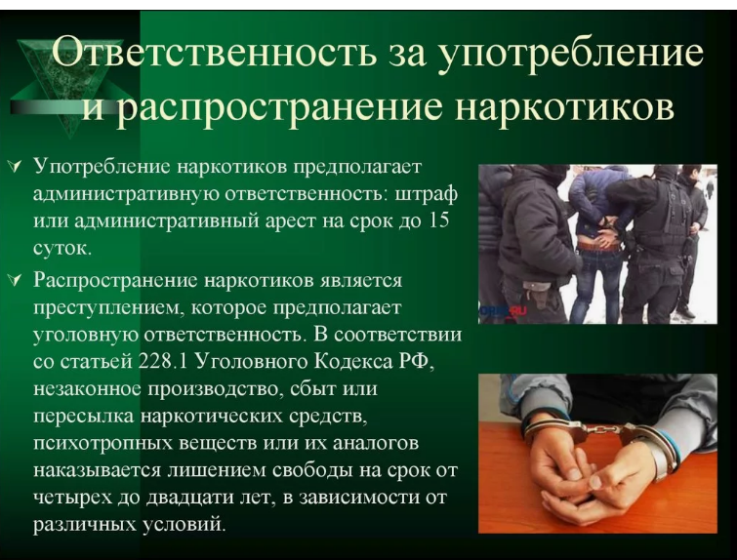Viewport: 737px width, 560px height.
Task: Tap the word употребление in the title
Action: (x=570, y=54)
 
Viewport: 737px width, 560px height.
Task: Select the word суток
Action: (x=61, y=247)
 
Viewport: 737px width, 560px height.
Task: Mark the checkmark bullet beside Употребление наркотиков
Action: (x=16, y=166)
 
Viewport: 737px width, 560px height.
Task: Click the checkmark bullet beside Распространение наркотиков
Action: (x=16, y=280)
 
